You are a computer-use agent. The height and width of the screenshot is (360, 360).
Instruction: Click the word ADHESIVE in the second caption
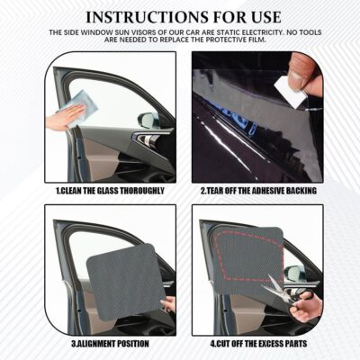(x=263, y=192)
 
